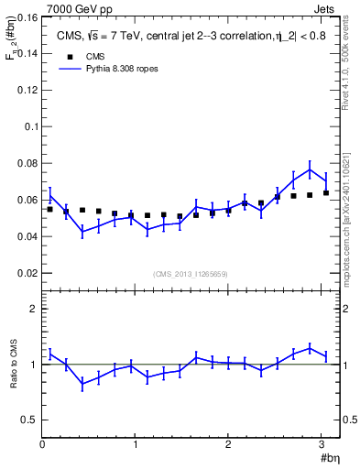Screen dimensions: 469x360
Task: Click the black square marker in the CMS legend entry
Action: click(69, 57)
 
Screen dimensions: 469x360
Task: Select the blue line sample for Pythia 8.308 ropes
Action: click(69, 70)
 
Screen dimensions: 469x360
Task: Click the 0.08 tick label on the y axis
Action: click(28, 164)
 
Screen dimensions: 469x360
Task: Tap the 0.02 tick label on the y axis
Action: click(28, 274)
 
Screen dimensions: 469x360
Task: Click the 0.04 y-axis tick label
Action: click(28, 237)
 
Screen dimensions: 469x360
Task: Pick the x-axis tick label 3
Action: click(322, 446)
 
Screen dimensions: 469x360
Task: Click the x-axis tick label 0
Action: click(42, 446)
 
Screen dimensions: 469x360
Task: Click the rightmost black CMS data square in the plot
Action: click(326, 192)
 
